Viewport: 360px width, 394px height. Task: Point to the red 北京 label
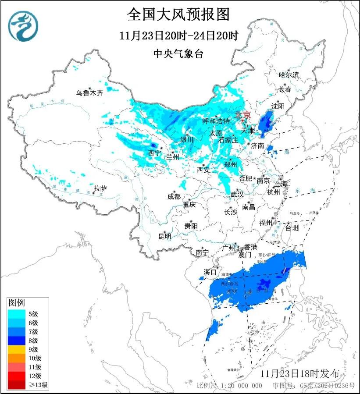click(x=242, y=115)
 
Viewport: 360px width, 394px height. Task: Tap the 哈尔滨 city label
click(x=289, y=75)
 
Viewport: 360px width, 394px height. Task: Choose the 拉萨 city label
click(x=100, y=188)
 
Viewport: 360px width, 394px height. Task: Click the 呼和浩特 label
click(x=216, y=121)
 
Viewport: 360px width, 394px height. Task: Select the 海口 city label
click(x=210, y=272)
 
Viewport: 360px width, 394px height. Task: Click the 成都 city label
click(x=174, y=197)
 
